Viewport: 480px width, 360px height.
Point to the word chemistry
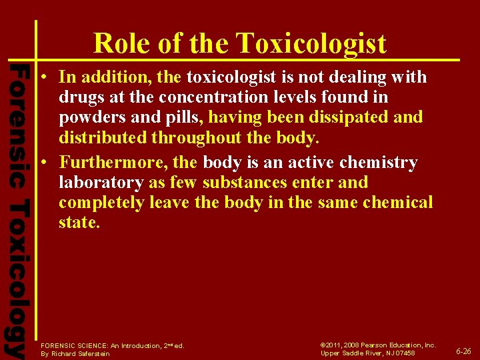point(379,163)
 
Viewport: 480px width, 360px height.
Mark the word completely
point(101,202)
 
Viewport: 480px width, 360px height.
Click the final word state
point(78,222)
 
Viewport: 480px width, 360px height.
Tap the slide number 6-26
point(463,351)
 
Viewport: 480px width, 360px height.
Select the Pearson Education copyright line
point(378,345)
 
